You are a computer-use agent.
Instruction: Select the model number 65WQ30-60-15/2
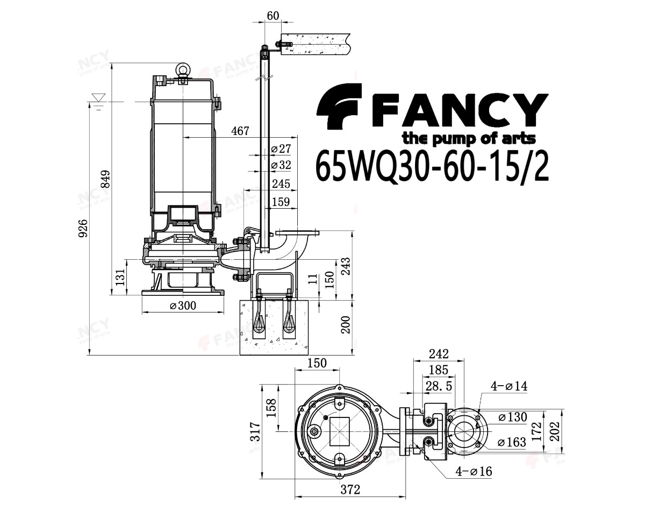tap(432, 166)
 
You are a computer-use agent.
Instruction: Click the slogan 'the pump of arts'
tap(469, 139)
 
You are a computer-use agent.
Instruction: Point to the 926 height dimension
tap(83, 228)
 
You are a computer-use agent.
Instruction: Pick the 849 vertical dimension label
tap(105, 179)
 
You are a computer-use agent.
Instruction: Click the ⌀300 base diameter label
tap(183, 306)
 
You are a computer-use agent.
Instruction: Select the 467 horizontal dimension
tap(240, 131)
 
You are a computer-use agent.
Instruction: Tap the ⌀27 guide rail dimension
tap(281, 148)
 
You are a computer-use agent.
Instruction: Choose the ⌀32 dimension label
tap(281, 165)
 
